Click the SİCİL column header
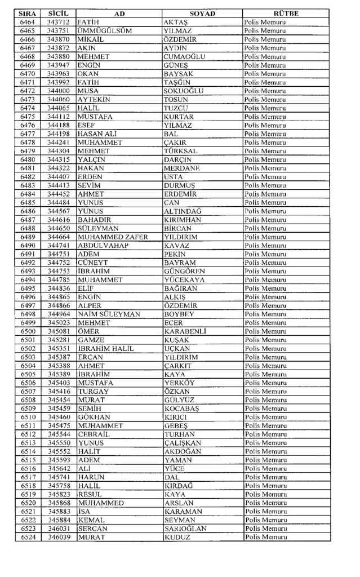click(x=58, y=13)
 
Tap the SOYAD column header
click(x=202, y=13)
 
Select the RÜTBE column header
click(x=286, y=13)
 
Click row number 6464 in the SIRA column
click(x=28, y=22)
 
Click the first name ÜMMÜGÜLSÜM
click(x=104, y=30)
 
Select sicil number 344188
click(x=58, y=125)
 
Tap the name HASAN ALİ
click(x=96, y=134)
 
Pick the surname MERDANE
click(x=181, y=168)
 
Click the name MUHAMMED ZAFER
click(x=113, y=237)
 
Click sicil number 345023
click(x=58, y=322)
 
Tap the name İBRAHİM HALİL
click(x=106, y=348)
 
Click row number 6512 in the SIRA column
click(x=28, y=434)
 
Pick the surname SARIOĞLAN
click(x=185, y=529)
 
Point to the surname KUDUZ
click(x=177, y=537)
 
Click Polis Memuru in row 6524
click(x=265, y=537)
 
